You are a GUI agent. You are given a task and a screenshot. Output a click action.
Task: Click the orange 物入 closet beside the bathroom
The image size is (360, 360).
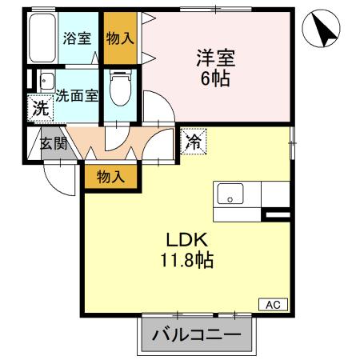click(x=119, y=38)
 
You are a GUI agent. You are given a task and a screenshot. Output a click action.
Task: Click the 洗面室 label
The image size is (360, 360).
click(x=77, y=94)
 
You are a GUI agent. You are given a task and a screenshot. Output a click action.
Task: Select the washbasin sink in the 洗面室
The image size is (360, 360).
click(x=45, y=80)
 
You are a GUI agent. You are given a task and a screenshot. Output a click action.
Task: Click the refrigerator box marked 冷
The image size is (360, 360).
click(x=194, y=142)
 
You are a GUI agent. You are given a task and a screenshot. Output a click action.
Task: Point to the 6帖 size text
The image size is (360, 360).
click(x=214, y=79)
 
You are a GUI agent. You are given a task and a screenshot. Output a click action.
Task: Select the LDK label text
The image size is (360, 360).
click(x=187, y=239)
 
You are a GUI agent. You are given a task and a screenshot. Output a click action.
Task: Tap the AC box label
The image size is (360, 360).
click(x=272, y=304)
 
